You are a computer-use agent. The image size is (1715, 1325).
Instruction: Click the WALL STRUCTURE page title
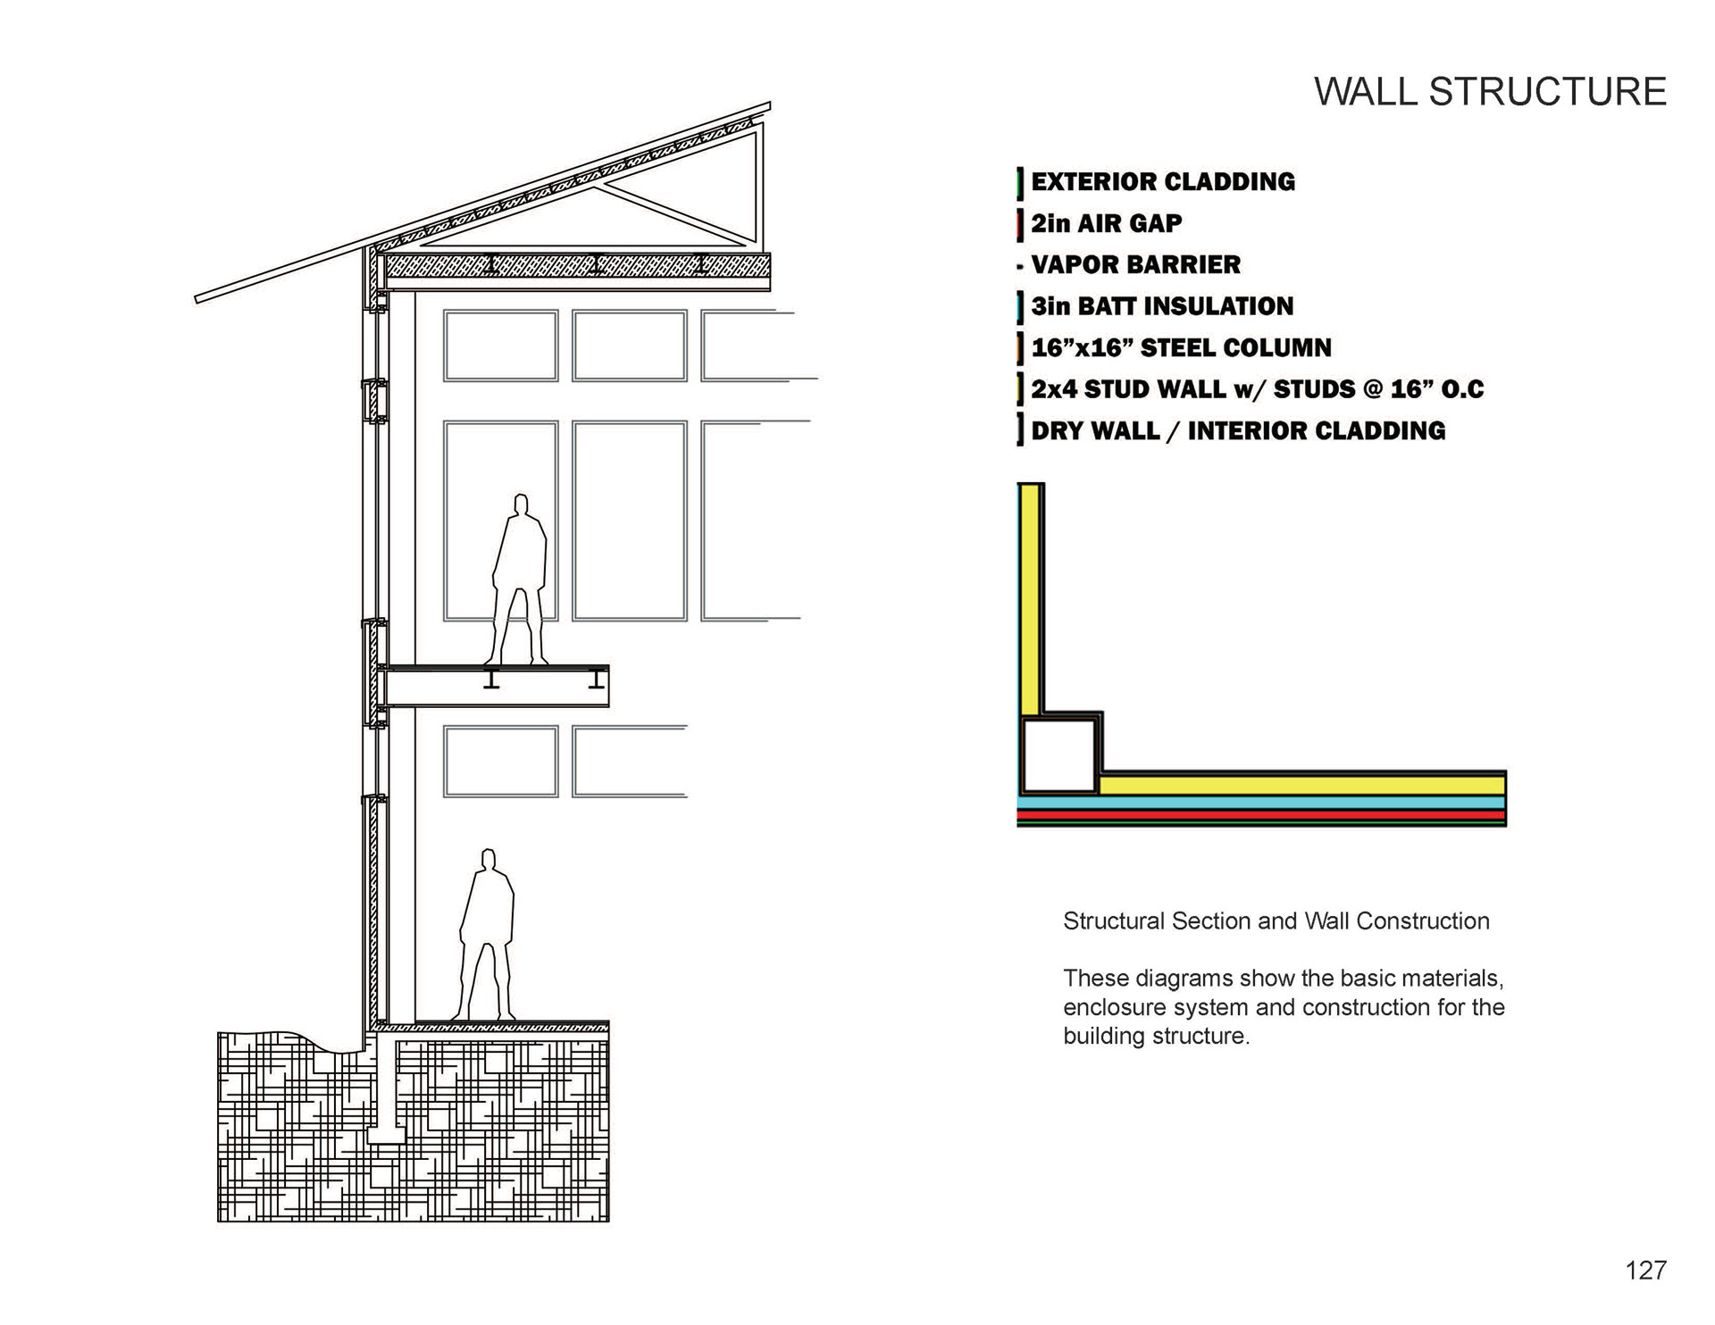click(x=1489, y=92)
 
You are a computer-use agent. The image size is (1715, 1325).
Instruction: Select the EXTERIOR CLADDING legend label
click(x=1162, y=182)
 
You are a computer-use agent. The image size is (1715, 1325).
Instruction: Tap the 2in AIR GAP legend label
click(x=1106, y=223)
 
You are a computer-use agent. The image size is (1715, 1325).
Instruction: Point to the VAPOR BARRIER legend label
click(x=1135, y=265)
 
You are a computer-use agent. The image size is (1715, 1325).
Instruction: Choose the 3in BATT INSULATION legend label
click(x=1161, y=306)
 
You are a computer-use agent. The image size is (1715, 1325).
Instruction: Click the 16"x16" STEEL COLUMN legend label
click(x=1181, y=348)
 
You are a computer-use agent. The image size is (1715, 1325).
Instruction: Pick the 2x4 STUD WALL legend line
click(x=1257, y=389)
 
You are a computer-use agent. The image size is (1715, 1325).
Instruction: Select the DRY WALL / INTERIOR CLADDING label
click(x=1237, y=431)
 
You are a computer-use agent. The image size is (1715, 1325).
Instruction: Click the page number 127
click(x=1645, y=1271)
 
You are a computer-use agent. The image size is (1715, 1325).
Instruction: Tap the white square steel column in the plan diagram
click(x=1058, y=756)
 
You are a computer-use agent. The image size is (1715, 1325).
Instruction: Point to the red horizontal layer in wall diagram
click(x=1261, y=815)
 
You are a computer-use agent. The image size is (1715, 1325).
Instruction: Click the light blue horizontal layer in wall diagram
click(x=1261, y=803)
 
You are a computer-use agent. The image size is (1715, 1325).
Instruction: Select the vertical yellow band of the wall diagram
click(x=1029, y=598)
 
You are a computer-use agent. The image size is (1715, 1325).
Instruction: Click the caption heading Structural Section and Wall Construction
click(x=1276, y=921)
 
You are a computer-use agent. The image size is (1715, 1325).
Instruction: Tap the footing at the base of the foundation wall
click(x=385, y=1136)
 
